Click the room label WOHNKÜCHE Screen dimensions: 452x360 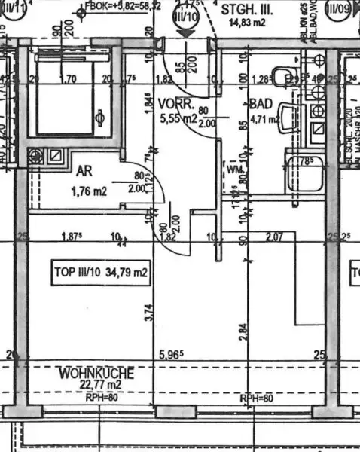pyautogui.click(x=99, y=373)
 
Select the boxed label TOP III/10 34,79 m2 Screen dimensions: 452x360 pyautogui.click(x=100, y=271)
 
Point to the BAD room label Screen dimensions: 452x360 pyautogui.click(x=259, y=107)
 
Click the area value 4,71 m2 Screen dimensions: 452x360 pyautogui.click(x=265, y=118)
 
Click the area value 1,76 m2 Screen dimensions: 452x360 pyautogui.click(x=89, y=191)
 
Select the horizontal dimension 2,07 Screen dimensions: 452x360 pyautogui.click(x=276, y=237)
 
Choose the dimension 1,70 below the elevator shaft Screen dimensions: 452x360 pyautogui.click(x=68, y=78)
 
